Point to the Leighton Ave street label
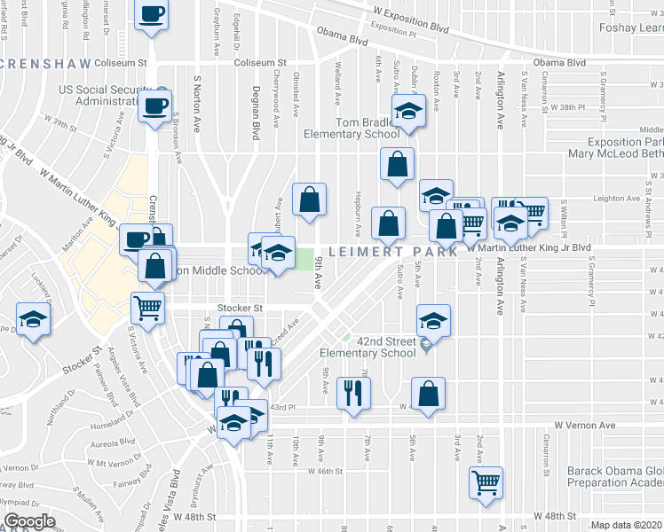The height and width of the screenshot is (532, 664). (616, 199)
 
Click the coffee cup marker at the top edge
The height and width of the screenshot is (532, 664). (152, 15)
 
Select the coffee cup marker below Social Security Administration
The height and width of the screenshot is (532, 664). (154, 108)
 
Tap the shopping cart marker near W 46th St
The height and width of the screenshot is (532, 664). (486, 484)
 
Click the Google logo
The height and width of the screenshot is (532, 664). (28, 521)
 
